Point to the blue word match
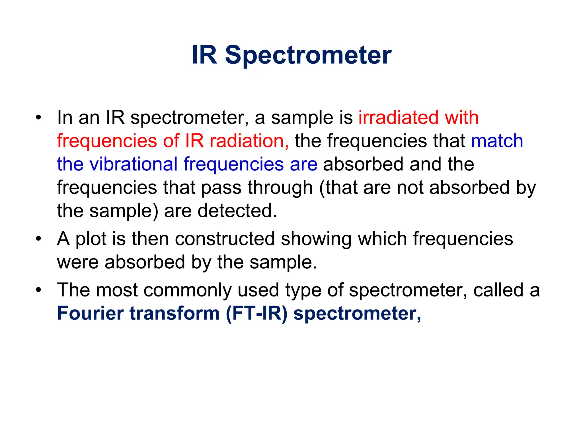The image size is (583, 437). click(x=497, y=141)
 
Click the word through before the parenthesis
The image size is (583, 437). click(x=280, y=187)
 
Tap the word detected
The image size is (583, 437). click(x=237, y=211)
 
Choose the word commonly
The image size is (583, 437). click(x=187, y=290)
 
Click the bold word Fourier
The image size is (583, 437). click(x=90, y=313)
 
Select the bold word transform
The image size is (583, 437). click(x=175, y=313)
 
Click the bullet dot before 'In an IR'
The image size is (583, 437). click(x=39, y=118)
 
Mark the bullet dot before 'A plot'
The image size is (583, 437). click(x=39, y=239)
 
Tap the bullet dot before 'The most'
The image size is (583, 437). click(x=39, y=290)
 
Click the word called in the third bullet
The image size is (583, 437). click(x=498, y=290)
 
